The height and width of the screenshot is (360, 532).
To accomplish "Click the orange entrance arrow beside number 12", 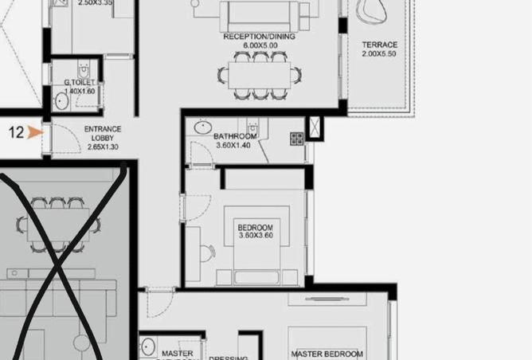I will tap(33, 133).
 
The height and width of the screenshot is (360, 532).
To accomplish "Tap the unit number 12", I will tap(16, 133).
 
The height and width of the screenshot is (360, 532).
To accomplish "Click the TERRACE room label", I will tap(379, 45).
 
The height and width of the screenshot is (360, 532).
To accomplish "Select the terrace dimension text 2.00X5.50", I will tap(379, 54).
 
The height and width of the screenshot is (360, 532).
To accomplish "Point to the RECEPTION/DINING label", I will tap(259, 37).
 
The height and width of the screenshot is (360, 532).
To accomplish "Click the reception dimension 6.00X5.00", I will tap(259, 46).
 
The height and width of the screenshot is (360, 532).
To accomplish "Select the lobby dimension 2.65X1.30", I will tap(102, 147).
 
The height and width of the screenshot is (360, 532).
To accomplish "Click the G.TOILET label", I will tap(80, 83).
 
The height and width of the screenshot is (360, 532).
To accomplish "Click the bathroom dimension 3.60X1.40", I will tap(234, 146).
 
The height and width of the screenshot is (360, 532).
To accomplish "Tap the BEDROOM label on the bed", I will tap(255, 228).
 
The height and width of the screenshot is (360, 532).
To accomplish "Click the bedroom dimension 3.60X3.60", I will tap(255, 237).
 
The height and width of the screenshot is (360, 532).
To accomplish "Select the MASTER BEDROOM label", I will tap(327, 354).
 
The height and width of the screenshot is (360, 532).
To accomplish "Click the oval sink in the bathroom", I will tap(203, 127).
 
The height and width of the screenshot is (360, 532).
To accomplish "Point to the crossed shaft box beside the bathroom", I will tap(315, 128).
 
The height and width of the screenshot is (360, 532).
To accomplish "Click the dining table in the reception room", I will tap(259, 75).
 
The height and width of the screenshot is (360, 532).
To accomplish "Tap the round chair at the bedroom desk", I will tap(206, 253).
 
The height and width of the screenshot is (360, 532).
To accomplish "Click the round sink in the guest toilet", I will tap(61, 101).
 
